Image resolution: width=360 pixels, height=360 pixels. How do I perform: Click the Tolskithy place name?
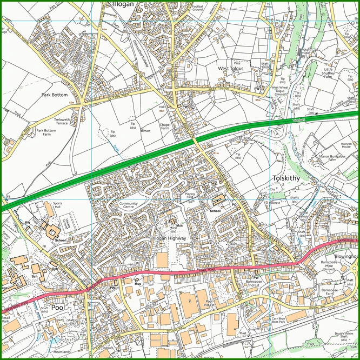286,178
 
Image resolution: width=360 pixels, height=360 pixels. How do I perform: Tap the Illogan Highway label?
170,238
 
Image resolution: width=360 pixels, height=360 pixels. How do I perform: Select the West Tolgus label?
231,69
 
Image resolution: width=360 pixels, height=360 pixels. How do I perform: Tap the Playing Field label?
189,195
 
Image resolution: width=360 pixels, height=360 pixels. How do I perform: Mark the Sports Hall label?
58,206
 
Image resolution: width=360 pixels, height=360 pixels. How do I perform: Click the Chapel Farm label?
165,126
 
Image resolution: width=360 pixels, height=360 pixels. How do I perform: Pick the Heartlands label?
63,351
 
